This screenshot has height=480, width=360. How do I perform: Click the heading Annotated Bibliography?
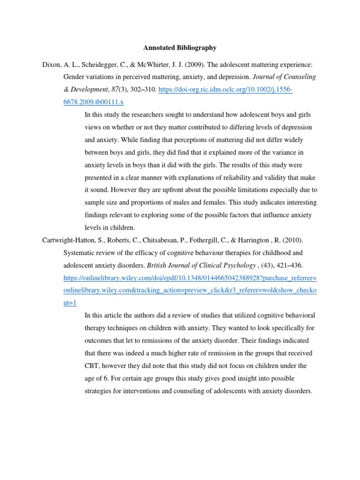tap(180, 48)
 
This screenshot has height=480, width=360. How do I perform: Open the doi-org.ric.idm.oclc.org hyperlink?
tap(225, 90)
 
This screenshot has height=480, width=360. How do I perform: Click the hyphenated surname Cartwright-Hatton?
tap(70, 240)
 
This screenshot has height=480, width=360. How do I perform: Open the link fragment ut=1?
tap(69, 303)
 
